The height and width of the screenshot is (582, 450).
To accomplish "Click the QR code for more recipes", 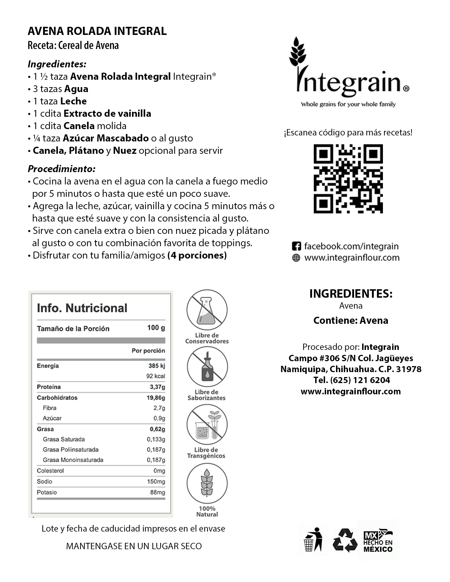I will (x=348, y=179).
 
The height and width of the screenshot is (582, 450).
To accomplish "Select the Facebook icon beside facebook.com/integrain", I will (x=296, y=246).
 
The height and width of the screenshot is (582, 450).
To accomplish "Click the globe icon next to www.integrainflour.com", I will (x=296, y=258).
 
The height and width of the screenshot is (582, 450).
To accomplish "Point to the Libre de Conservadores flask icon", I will (x=207, y=310).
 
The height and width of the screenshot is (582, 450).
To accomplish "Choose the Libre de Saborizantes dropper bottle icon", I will (x=207, y=367).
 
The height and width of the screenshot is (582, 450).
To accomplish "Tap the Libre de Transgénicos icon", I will (x=207, y=424).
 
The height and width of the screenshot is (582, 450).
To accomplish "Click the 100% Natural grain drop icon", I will (x=207, y=483).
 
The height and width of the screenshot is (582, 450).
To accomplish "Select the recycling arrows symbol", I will (x=345, y=540).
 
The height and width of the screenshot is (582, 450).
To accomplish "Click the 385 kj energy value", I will (x=157, y=366).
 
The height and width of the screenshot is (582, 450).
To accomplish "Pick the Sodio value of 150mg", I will (x=156, y=481).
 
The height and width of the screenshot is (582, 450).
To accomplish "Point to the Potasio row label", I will (x=47, y=492).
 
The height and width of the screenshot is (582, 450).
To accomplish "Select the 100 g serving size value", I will (x=156, y=328).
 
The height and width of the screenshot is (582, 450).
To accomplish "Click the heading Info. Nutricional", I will (x=82, y=308).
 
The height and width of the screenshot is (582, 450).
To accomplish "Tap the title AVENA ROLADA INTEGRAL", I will (x=97, y=31).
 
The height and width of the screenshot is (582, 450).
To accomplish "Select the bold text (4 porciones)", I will (x=197, y=255).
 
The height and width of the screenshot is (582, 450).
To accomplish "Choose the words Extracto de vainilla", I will (x=107, y=114).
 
